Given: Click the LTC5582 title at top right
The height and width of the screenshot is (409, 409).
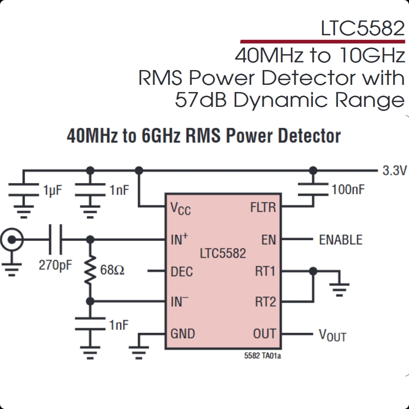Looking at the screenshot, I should (362, 29).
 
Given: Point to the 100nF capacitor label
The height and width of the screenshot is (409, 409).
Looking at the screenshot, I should (348, 190).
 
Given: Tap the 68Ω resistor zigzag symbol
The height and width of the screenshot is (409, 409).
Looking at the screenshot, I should (90, 270).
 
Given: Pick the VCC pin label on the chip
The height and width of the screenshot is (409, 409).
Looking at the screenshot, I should (180, 208).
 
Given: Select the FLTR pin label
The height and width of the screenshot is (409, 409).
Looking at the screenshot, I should (263, 208).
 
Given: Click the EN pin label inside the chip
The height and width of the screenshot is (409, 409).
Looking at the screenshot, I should (268, 239).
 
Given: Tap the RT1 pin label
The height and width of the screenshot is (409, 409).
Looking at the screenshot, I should (265, 271).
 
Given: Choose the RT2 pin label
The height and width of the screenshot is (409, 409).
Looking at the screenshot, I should (265, 302).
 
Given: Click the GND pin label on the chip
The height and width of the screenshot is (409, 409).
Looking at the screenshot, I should (183, 334).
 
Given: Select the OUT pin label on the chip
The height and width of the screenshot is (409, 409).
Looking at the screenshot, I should (264, 334).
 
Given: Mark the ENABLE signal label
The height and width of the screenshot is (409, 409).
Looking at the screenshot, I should (340, 240).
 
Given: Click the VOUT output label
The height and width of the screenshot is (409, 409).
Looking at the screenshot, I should (332, 335).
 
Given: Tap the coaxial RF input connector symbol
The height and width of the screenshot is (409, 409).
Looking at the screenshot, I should (11, 239).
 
